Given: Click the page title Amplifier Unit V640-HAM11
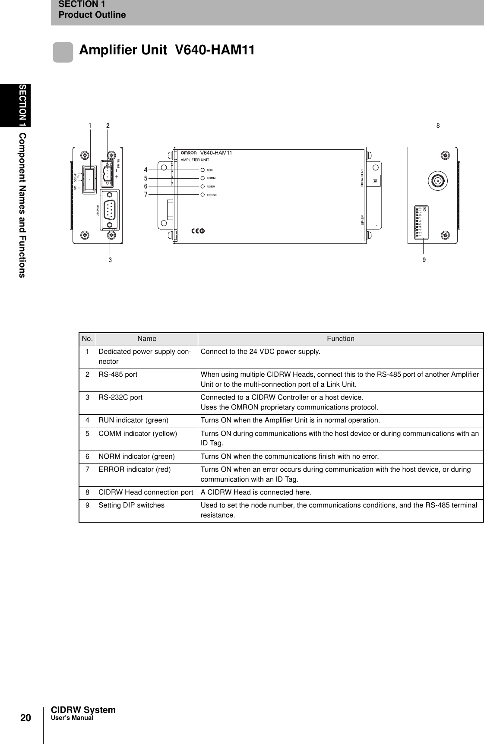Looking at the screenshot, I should [x=167, y=50].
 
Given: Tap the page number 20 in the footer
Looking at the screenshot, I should [x=26, y=718].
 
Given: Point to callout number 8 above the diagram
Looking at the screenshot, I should [x=438, y=126].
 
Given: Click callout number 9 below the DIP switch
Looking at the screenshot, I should [x=424, y=260].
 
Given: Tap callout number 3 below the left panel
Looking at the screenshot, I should [x=111, y=260].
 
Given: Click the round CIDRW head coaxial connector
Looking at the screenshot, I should [x=438, y=181].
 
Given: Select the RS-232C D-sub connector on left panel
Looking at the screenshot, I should [x=110, y=209].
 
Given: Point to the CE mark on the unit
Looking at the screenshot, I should [x=198, y=231].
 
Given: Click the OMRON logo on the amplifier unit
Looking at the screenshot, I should [x=189, y=153].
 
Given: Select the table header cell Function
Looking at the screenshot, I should [x=340, y=339].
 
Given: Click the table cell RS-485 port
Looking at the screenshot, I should [x=118, y=375].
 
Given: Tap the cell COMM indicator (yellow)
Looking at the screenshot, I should [x=138, y=433].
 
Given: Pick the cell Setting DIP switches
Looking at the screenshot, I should [x=132, y=505].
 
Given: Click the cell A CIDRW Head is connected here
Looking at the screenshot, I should [x=256, y=492].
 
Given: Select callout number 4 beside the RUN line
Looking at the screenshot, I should [x=146, y=170].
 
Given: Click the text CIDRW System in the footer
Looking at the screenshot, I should [x=83, y=709].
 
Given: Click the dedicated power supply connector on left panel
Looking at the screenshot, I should [x=90, y=178].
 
